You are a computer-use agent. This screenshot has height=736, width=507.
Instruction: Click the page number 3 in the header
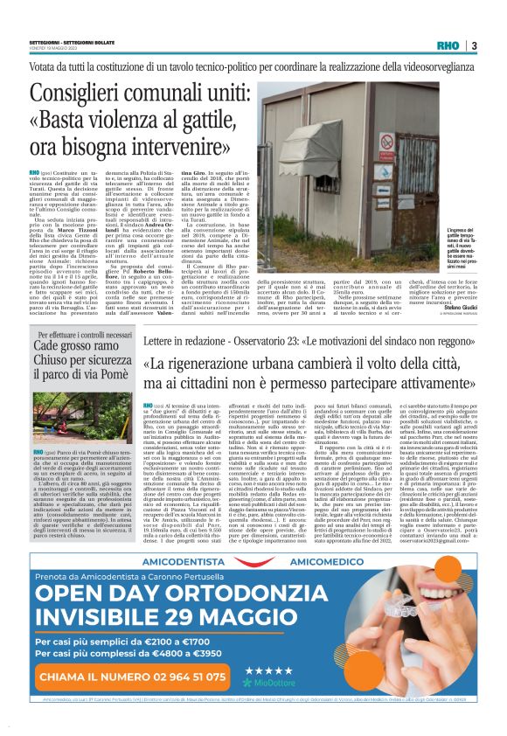(474, 46)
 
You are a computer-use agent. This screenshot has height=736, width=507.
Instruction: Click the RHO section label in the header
(447, 46)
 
